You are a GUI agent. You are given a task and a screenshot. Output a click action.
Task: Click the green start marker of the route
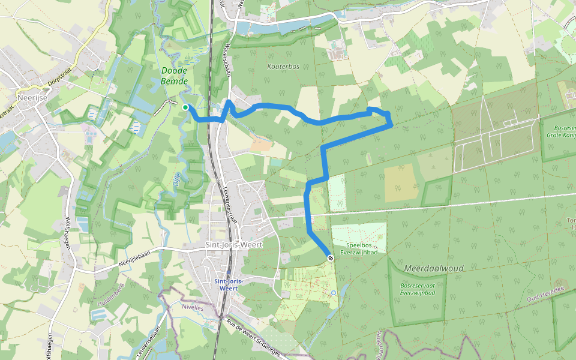click(185, 107)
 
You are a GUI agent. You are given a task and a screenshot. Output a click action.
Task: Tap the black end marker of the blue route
click(331, 257)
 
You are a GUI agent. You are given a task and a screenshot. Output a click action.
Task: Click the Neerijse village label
click(32, 98)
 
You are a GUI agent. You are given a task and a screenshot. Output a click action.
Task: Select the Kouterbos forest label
click(283, 66)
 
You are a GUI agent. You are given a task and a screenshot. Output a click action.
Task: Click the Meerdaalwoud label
click(434, 268)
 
